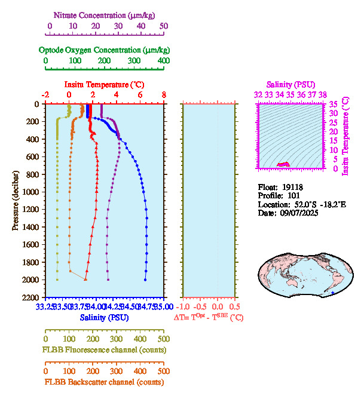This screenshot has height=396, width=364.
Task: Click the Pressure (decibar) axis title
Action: pos(16,201)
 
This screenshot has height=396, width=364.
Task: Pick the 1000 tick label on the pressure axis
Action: pos(31,192)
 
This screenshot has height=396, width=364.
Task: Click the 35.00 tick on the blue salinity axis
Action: pos(163,307)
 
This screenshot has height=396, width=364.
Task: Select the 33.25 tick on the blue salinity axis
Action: pos(45,307)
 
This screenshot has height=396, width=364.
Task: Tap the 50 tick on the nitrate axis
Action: pos(164,26)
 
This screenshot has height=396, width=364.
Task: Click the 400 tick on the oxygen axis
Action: pos(163,61)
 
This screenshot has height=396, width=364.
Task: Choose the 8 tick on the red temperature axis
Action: pos(164,95)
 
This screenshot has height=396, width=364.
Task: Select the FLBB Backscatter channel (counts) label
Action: pos(103,382)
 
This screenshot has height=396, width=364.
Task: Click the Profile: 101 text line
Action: pos(275,195)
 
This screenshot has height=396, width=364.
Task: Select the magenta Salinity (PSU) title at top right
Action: pos(289,84)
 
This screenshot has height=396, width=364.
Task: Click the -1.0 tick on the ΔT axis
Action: pos(186,307)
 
